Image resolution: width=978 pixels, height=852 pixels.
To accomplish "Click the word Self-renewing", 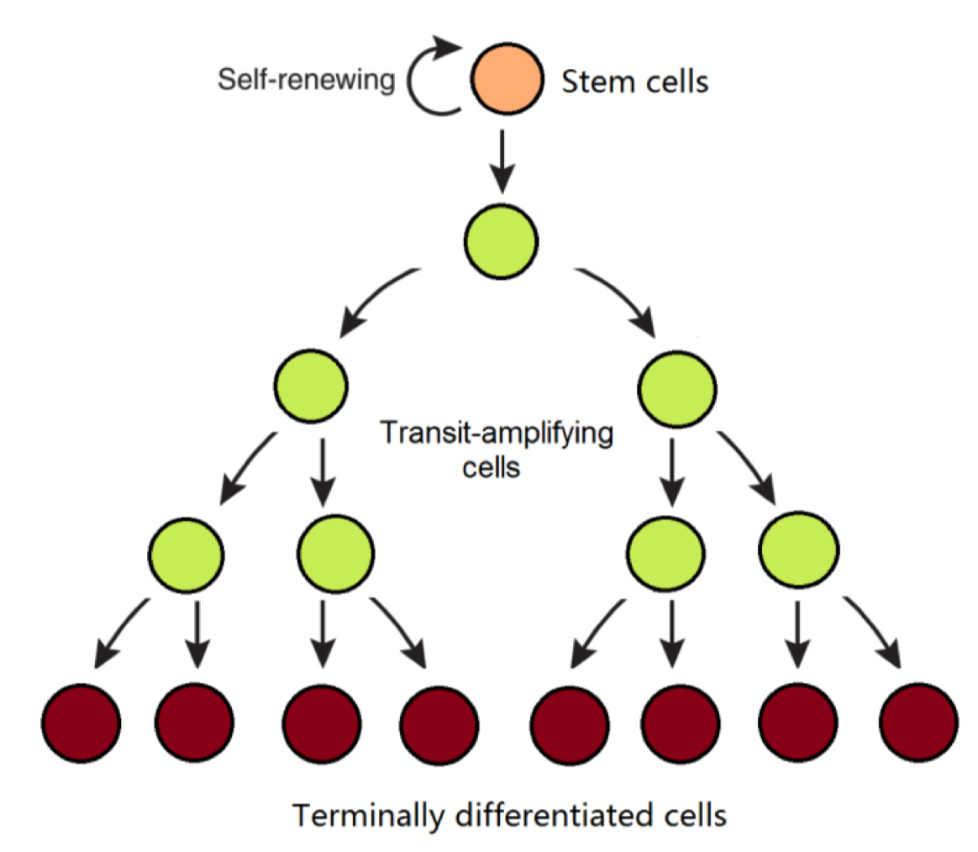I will [x=306, y=81].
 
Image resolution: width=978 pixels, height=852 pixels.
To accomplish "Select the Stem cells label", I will [x=634, y=82].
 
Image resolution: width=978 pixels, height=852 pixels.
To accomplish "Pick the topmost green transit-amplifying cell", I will [x=501, y=242].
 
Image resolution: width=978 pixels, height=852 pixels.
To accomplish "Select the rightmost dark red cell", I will [x=918, y=721].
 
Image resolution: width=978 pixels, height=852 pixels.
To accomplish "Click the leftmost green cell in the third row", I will [x=186, y=552].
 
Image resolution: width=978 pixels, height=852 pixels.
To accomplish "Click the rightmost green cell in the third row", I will [x=798, y=550].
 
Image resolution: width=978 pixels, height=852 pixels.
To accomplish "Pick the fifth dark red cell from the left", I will [x=570, y=723].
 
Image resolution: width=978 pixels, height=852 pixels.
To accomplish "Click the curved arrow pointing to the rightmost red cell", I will [x=875, y=630].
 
